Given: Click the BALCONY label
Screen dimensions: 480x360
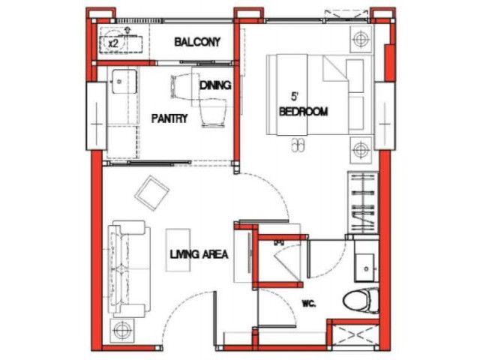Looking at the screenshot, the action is click(197, 42).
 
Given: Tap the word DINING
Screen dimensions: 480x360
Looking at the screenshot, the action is click(215, 85).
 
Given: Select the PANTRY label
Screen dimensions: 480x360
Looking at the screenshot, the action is click(169, 118).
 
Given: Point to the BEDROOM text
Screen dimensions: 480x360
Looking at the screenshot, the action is click(303, 112).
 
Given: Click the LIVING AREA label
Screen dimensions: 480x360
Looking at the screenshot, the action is click(199, 254).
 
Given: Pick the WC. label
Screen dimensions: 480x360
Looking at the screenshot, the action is click(308, 304).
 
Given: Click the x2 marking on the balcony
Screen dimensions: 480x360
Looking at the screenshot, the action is click(113, 43).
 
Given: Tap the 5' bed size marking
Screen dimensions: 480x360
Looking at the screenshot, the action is click(295, 97).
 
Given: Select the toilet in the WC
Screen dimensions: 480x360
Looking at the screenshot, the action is click(361, 301).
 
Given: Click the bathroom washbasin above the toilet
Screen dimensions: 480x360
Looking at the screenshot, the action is click(364, 268).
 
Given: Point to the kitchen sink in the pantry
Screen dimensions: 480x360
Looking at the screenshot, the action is click(124, 82).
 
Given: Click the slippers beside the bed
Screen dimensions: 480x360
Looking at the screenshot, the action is click(298, 145).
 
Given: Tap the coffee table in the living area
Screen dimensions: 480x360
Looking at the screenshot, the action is click(178, 250).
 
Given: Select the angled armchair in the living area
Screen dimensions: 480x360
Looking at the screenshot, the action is click(151, 193).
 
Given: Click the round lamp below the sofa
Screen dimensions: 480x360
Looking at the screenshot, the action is click(122, 330).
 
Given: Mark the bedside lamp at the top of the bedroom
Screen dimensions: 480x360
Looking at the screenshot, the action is click(361, 39).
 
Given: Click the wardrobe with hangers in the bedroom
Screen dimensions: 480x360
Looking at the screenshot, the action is click(363, 202).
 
